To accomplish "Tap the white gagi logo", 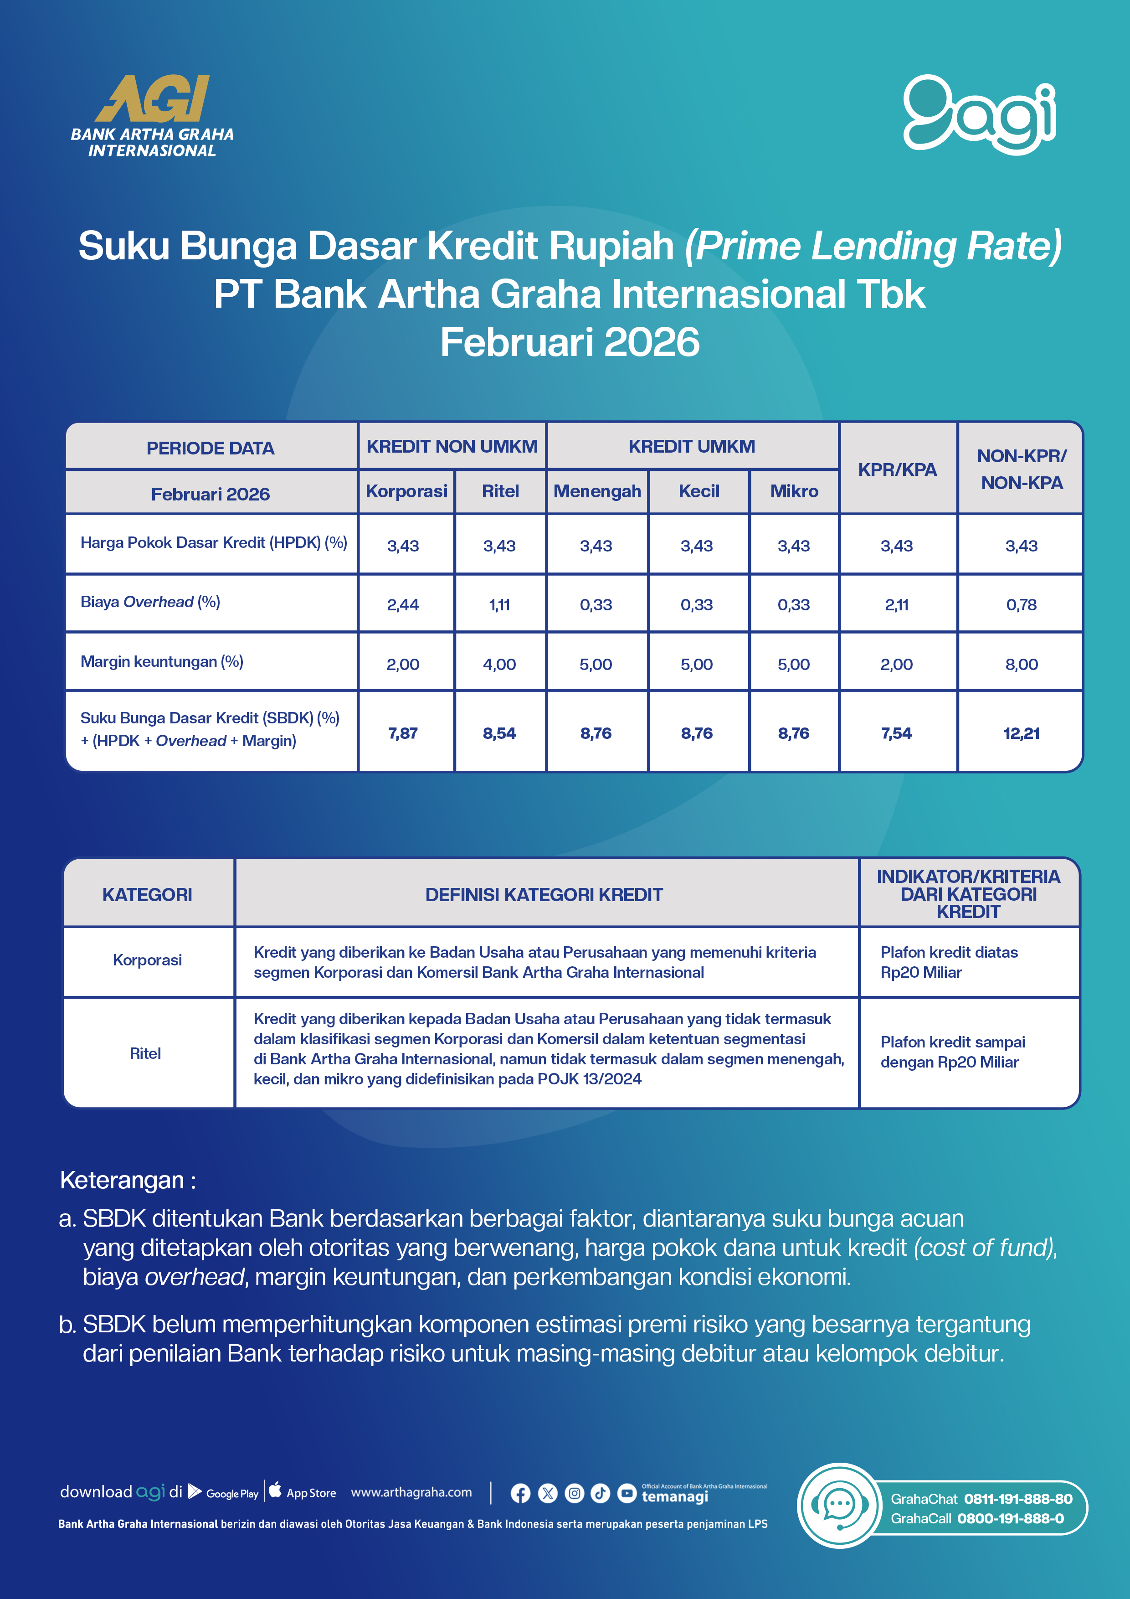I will pyautogui.click(x=979, y=113).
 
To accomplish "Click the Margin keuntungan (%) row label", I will pyautogui.click(x=162, y=661).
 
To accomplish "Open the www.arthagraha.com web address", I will pyautogui.click(x=411, y=1492).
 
